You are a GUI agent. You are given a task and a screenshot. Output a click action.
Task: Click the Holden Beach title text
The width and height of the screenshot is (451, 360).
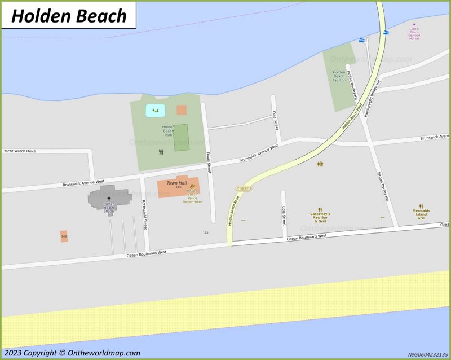click(x=69, y=16)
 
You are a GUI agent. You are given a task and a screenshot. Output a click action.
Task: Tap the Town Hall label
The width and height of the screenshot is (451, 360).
click(x=176, y=183)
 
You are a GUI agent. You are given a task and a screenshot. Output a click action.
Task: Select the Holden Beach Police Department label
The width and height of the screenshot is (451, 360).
click(x=192, y=196)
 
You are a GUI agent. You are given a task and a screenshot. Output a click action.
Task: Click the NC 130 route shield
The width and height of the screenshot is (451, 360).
click(x=243, y=188)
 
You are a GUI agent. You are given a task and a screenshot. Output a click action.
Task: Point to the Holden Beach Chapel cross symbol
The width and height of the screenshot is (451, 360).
click(x=109, y=199)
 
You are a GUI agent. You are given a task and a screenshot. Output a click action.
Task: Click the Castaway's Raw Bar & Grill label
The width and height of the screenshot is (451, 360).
click(x=320, y=217)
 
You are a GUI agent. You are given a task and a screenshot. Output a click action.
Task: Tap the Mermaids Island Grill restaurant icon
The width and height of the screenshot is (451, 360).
click(x=421, y=207)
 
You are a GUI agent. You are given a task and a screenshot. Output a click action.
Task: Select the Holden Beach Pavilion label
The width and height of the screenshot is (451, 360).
click(x=339, y=76)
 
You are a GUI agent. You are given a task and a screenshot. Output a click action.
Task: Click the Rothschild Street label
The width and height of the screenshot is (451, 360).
click(x=145, y=215)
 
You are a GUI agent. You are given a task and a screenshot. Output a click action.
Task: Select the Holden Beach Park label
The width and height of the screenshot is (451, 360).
click(x=168, y=131)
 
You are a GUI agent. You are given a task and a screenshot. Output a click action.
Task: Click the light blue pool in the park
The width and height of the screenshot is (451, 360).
click(x=155, y=111)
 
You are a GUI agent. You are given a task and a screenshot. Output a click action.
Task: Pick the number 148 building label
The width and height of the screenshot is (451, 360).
click(x=64, y=236)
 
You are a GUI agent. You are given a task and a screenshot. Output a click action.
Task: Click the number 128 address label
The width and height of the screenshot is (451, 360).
click(x=205, y=232)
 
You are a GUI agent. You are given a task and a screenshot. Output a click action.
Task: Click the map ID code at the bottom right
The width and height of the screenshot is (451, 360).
click(x=428, y=354)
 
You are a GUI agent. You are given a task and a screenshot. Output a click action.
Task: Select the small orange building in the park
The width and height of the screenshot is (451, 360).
click(x=182, y=110)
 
